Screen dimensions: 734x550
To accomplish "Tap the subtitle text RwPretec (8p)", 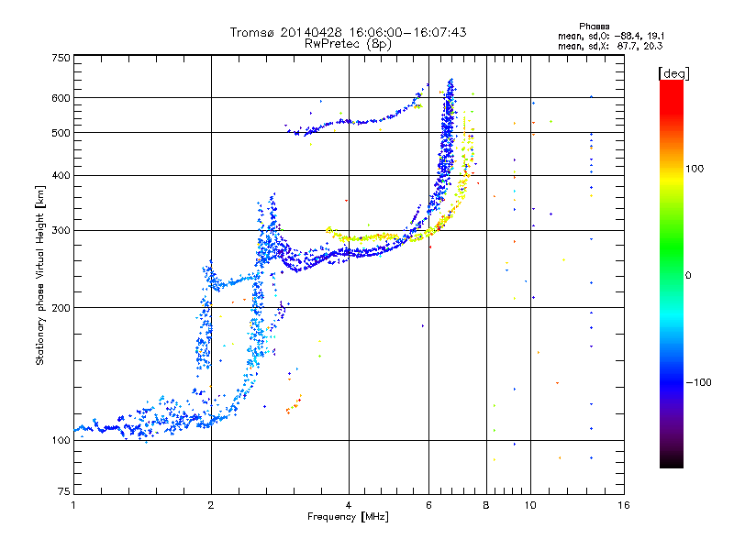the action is tap(348, 44).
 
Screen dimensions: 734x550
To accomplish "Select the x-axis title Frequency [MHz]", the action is tap(348, 517).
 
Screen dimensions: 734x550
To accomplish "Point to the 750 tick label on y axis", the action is tap(61, 58).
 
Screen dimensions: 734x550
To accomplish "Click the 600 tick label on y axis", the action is tap(61, 98).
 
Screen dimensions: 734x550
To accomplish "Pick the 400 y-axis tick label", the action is tap(61, 175).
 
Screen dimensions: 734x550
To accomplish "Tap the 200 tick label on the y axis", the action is tap(61, 308).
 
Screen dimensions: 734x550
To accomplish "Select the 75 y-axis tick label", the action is tap(64, 491).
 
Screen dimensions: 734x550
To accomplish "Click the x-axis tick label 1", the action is tap(73, 505).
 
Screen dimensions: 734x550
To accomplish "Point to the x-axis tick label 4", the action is tap(349, 505).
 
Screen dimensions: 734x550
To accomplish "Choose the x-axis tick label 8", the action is tap(486, 505).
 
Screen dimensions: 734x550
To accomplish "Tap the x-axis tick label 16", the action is tap(624, 505).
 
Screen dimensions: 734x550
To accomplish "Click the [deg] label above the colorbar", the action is tap(673, 74).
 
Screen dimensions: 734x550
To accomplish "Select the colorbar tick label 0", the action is tap(688, 276).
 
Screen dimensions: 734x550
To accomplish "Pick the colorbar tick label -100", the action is tap(698, 382).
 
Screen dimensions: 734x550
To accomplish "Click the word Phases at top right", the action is tap(594, 27).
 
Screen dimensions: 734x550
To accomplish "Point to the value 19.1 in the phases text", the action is tap(655, 36).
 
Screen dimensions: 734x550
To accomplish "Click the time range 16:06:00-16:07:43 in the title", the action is tap(407, 32).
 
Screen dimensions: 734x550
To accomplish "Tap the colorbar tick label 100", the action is tap(695, 169).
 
